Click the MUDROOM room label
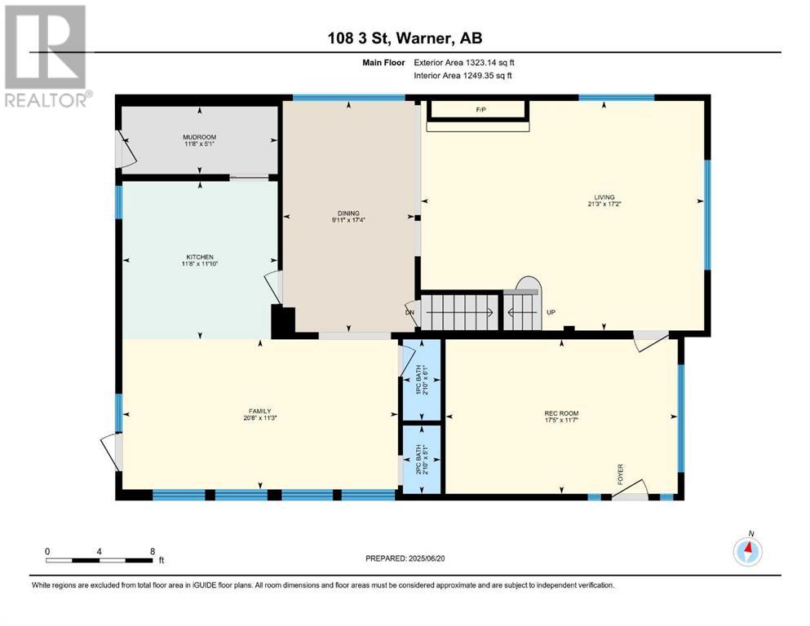(199, 137)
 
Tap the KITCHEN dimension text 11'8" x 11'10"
(199, 264)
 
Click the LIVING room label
(604, 197)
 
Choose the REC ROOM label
(561, 413)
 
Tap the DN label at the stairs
(409, 312)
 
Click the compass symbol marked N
(747, 551)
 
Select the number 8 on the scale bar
(152, 551)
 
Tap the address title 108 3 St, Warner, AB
(405, 37)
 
